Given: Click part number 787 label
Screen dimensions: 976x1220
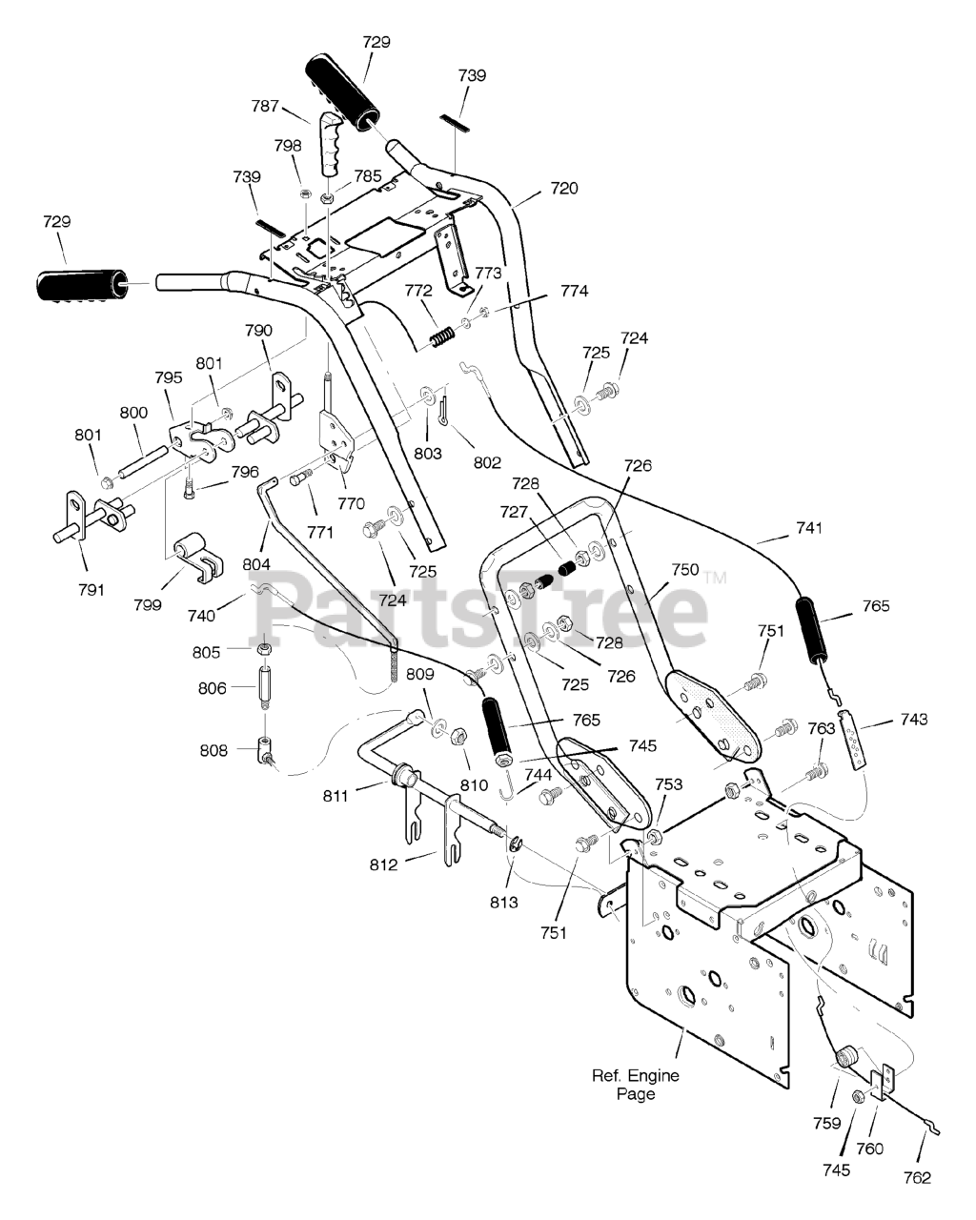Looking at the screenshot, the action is pos(265,106).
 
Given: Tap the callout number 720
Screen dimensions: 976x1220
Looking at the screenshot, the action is pos(563,188).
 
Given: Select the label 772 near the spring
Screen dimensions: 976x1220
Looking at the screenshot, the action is pos(418,291).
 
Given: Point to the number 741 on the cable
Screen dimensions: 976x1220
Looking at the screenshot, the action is pos(809,528).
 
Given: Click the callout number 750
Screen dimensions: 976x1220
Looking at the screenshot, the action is pos(685,569).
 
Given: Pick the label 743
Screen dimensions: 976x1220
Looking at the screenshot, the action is pos(914,720).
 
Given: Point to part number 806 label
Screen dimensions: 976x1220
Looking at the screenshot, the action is pos(213,688).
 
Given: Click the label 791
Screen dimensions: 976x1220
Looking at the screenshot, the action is pos(91,590).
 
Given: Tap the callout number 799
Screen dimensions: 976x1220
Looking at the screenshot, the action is pos(148,605).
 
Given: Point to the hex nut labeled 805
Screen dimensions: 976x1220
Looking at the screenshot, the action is pos(264,648).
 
